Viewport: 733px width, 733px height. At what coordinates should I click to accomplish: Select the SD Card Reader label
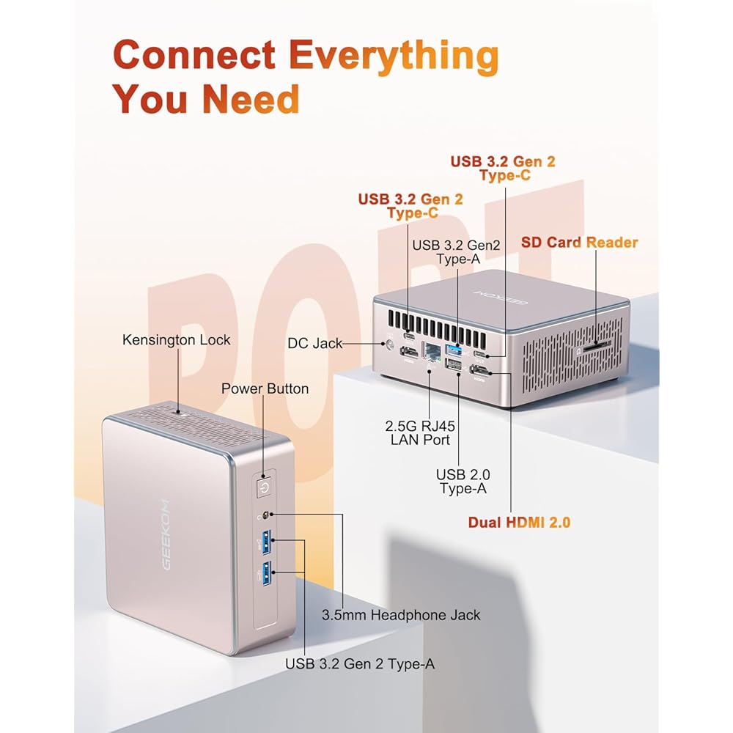pyautogui.click(x=579, y=243)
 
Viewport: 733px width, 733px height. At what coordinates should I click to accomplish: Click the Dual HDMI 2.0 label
pyautogui.click(x=520, y=522)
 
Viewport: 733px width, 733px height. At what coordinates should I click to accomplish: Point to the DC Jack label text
pyautogui.click(x=315, y=343)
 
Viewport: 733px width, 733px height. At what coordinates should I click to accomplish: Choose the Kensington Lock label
pyautogui.click(x=176, y=339)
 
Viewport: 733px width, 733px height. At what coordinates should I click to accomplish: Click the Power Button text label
pyautogui.click(x=265, y=388)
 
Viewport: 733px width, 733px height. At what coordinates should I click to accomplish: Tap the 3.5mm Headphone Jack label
pyautogui.click(x=401, y=614)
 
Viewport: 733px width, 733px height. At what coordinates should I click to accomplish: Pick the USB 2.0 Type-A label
pyautogui.click(x=463, y=481)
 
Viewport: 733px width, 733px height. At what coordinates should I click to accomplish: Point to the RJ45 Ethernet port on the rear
pyautogui.click(x=432, y=352)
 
